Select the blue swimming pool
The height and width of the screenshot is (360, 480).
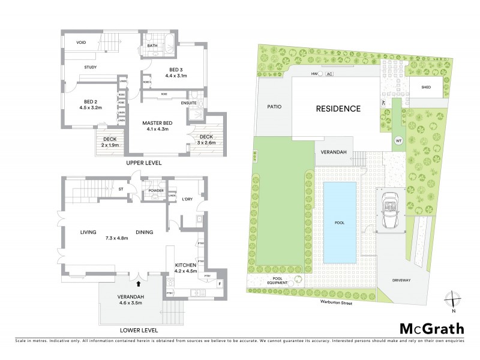point(340,222)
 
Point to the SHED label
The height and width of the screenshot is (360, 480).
point(426,88)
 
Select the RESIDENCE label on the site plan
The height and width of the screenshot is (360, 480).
point(338,109)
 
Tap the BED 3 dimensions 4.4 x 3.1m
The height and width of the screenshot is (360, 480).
point(176,76)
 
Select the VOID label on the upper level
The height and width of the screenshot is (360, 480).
point(83,43)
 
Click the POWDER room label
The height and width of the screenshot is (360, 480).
point(156,191)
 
